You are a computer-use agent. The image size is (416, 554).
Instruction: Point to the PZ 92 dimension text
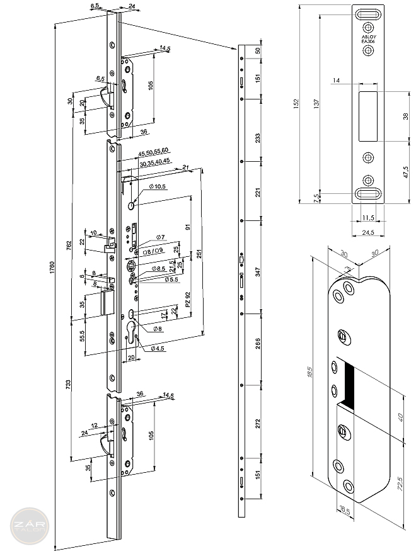[187, 300]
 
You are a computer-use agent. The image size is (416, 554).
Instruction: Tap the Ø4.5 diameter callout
[157, 348]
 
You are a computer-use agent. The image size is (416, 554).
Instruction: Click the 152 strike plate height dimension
[297, 104]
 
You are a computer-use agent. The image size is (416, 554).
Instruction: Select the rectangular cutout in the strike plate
[367, 116]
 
